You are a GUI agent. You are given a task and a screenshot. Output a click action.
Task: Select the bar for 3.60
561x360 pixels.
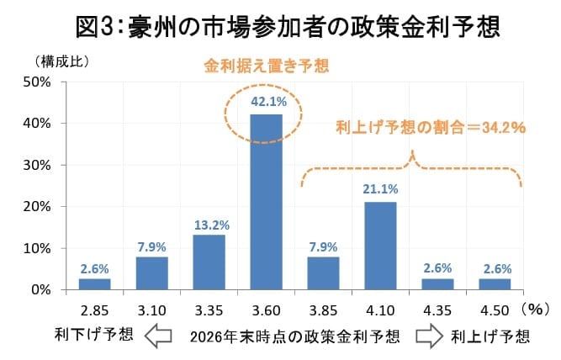[267, 202]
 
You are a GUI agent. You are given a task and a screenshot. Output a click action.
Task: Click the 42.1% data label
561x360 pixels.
[267, 102]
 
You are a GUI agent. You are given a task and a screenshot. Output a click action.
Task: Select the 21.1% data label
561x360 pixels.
[380, 189]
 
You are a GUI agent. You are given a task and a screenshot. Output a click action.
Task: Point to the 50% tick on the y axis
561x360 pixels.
[40, 82]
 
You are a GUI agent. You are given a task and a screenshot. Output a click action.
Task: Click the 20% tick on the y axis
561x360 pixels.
[40, 207]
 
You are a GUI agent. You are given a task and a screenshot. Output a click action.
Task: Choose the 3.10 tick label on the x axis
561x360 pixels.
[152, 310]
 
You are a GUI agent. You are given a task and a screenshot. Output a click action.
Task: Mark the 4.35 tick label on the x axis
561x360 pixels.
[437, 310]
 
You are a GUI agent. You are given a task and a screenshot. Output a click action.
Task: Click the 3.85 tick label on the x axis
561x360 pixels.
[324, 310]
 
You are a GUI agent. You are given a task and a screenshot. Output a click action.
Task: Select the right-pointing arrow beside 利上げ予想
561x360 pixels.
[426, 336]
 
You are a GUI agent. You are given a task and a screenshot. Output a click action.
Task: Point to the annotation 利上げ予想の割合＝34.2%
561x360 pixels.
[430, 128]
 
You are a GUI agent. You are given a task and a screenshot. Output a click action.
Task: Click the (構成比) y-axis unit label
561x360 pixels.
[61, 61]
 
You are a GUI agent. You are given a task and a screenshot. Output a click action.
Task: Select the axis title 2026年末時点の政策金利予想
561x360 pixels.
[294, 336]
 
